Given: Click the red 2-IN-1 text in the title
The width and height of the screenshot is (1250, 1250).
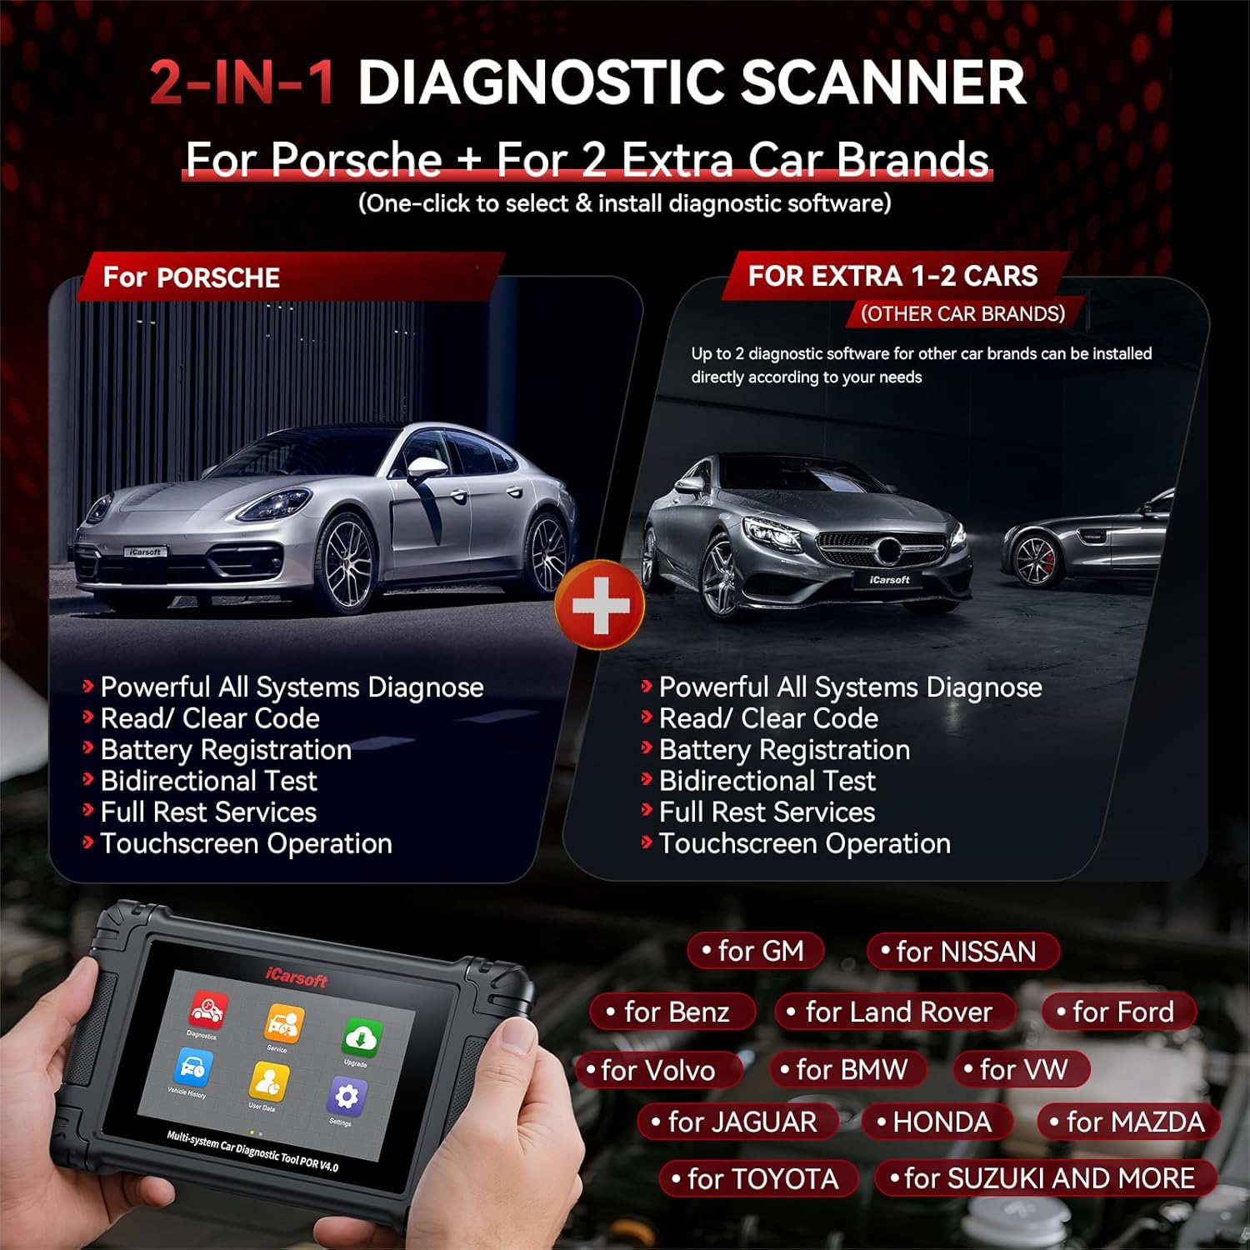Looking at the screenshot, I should pyautogui.click(x=242, y=82).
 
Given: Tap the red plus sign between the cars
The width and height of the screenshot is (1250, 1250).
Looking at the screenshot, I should pyautogui.click(x=600, y=605).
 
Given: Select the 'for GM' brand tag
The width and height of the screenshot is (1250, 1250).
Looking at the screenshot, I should pyautogui.click(x=756, y=951).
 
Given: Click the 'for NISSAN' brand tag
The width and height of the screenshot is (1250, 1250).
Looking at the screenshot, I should pyautogui.click(x=962, y=952).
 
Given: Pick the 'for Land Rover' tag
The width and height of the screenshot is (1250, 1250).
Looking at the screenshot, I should pyautogui.click(x=895, y=1012).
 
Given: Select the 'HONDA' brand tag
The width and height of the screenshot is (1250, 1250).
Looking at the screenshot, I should pyautogui.click(x=937, y=1122).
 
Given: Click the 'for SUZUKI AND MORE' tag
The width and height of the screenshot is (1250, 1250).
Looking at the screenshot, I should pyautogui.click(x=1045, y=1178).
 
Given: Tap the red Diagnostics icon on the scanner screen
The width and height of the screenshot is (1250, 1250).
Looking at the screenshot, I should pyautogui.click(x=206, y=1009).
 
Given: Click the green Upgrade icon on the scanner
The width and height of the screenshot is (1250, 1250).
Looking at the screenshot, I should pyautogui.click(x=362, y=1038).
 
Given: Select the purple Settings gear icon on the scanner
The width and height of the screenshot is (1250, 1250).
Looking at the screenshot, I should pyautogui.click(x=346, y=1097).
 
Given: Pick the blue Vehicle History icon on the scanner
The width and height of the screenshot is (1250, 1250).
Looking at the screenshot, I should pyautogui.click(x=192, y=1067).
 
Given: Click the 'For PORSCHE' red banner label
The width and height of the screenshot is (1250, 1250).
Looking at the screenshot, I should pyautogui.click(x=192, y=277).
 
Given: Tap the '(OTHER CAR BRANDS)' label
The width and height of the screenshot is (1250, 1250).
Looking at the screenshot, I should pyautogui.click(x=962, y=314).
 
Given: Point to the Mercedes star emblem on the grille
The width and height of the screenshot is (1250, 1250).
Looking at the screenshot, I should pyautogui.click(x=889, y=550).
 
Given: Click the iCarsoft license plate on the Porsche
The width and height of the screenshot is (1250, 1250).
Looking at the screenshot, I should pyautogui.click(x=146, y=552).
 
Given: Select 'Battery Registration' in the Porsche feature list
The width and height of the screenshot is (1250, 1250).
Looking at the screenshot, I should pyautogui.click(x=225, y=750).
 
